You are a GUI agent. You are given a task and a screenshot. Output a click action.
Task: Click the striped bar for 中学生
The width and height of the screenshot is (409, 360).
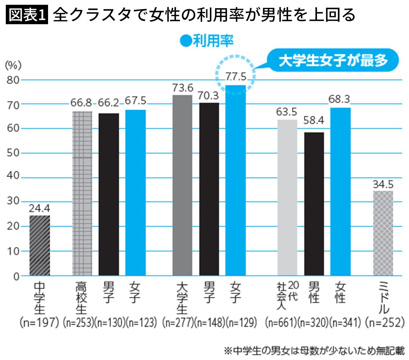click(x=40, y=245)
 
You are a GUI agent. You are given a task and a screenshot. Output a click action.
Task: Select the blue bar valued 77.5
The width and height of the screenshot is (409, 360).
click(x=236, y=180)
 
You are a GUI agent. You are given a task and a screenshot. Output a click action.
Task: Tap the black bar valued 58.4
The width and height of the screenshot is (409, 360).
click(x=314, y=204)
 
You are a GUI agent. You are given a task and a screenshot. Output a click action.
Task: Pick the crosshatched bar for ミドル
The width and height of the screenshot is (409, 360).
click(x=383, y=233)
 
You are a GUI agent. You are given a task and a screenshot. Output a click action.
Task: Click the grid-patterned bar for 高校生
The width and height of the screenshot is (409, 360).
click(x=82, y=193)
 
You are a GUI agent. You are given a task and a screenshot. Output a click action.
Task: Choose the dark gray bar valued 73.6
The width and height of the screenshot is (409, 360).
click(x=182, y=185)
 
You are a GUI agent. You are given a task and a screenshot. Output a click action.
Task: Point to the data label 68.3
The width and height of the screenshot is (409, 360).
click(x=339, y=99)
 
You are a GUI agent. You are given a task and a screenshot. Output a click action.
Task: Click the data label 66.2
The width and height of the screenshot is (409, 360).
click(x=108, y=103)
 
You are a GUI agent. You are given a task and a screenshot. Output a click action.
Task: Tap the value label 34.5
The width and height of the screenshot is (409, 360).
click(x=383, y=184)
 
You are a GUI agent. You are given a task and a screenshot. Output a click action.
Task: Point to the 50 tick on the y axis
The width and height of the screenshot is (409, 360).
click(x=13, y=153)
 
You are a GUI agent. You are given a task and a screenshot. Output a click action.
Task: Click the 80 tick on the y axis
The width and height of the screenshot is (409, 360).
click(x=13, y=80)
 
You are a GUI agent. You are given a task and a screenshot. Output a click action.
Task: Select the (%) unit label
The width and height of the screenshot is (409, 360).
click(x=13, y=65)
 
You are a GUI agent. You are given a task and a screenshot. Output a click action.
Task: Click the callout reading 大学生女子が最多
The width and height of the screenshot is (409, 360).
click(x=333, y=60)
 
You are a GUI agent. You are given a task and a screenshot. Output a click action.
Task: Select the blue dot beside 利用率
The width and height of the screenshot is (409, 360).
click(x=185, y=41)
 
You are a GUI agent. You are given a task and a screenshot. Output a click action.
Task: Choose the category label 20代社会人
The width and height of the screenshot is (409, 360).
click(x=287, y=295)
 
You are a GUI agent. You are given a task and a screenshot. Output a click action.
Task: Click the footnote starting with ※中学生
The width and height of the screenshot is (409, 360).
click(x=314, y=351)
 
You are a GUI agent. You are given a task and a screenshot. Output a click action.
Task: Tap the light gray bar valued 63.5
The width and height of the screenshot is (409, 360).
click(x=287, y=198)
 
